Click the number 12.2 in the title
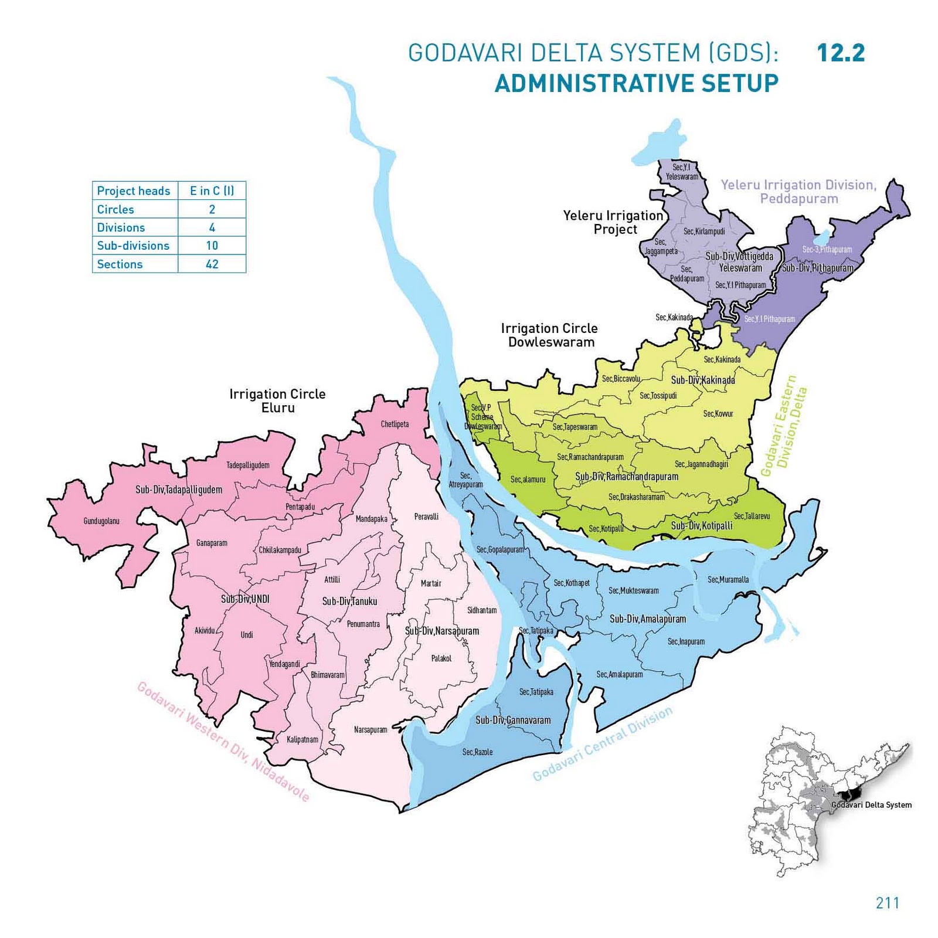coord(840,53)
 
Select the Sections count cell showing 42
coord(212,264)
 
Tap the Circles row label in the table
coord(115,209)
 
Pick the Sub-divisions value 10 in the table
coord(212,246)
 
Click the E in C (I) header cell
coord(212,191)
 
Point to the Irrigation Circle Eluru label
coord(277,400)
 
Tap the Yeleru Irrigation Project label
coord(613,222)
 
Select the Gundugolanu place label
coord(101,521)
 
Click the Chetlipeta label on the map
coord(395,424)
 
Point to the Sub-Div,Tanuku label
coord(349,601)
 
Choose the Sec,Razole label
coord(477,752)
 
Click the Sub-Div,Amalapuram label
coord(647,618)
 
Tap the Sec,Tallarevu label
coord(752,516)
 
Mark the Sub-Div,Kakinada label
coord(702,380)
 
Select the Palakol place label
coord(441,658)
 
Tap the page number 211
coord(887,902)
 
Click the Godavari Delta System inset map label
coord(871,804)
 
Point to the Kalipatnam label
coord(302,739)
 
